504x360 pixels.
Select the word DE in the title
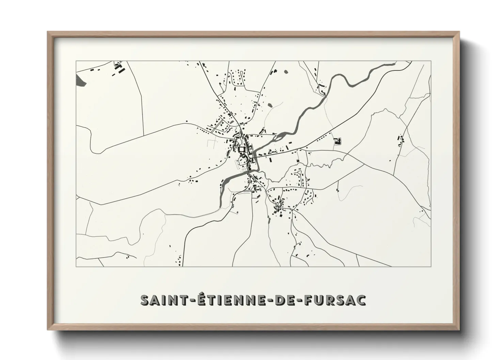pyautogui.click(x=285, y=300)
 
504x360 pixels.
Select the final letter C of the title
pyautogui.click(x=362, y=300)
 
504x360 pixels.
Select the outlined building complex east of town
pyautogui.click(x=337, y=141)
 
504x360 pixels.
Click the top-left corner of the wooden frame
pyautogui.click(x=48, y=32)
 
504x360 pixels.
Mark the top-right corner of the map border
pyautogui.click(x=431, y=61)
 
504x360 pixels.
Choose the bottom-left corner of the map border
pyautogui.click(x=76, y=266)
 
